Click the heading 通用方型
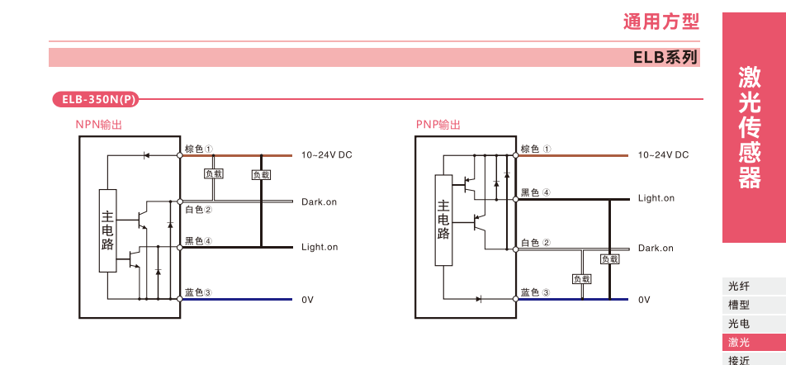pos(661,21)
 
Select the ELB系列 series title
pos(665,58)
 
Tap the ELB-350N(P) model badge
pos(95,100)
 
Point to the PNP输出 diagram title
pos(438,125)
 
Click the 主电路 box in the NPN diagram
pos(107,230)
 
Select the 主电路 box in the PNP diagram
pos(443,220)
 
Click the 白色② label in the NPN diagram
pos(198,210)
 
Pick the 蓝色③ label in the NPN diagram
pos(198,292)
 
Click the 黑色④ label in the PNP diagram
pos(535,192)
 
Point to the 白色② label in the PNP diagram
pos(535,243)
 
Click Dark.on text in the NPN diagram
pos(319,201)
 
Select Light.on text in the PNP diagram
pos(656,198)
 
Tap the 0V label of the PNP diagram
pos(644,300)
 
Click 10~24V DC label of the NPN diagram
pos(326,154)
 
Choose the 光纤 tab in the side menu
pos(739,287)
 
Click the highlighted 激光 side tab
pos(739,342)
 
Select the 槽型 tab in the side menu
pos(739,305)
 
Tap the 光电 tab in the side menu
pos(739,324)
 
